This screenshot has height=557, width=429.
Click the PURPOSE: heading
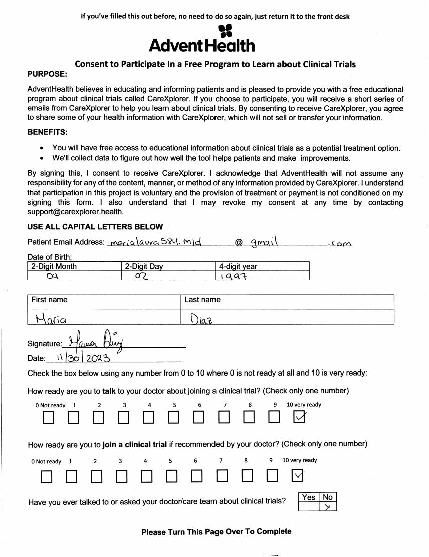point(47,74)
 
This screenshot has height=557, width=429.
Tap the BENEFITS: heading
point(48,132)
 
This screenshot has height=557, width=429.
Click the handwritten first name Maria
point(51,318)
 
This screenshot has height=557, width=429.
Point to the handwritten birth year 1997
point(227,275)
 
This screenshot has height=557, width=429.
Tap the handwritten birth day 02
point(139,275)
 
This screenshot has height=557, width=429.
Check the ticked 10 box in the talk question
point(299,417)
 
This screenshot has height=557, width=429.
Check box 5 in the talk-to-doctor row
point(173,417)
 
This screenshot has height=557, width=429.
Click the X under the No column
point(327,507)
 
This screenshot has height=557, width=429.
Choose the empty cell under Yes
point(308,507)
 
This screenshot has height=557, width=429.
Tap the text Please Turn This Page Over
point(216,532)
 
